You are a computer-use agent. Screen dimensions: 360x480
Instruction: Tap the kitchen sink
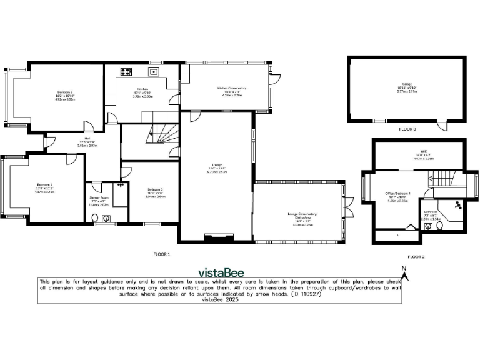point(154,71)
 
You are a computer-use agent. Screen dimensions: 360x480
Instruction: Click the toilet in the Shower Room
point(95,218)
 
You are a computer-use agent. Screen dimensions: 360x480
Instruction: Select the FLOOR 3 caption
point(407,129)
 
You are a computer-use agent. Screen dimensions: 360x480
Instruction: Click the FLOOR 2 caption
point(416,257)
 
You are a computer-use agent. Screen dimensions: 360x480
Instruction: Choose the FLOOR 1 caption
point(162,254)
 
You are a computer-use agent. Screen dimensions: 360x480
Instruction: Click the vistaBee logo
point(221,272)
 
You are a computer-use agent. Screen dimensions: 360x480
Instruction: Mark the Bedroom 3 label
point(156,192)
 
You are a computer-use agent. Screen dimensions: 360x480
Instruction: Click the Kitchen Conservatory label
point(232,91)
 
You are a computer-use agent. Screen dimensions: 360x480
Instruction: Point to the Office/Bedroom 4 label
point(398,197)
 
